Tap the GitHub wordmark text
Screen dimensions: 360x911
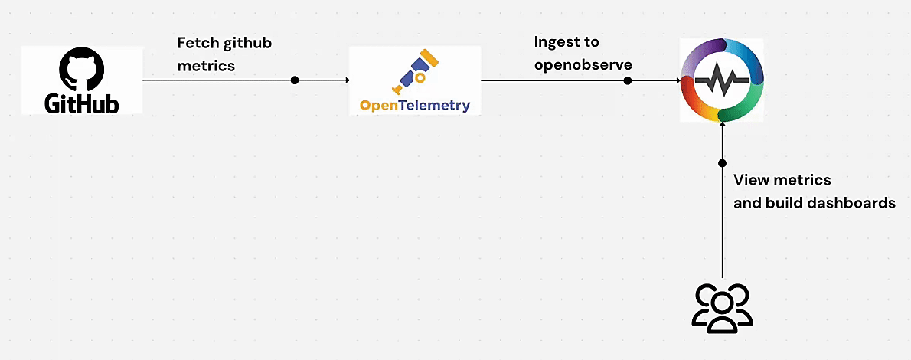(x=81, y=103)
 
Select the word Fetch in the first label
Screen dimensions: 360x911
(x=195, y=44)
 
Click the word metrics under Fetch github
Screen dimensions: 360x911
(x=206, y=66)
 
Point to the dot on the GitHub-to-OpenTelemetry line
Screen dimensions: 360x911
(x=295, y=80)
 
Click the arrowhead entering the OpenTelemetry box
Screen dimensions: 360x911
(x=346, y=80)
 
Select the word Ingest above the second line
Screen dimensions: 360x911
(x=557, y=42)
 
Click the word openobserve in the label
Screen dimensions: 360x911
(x=583, y=64)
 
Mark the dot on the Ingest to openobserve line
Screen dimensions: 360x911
(x=628, y=80)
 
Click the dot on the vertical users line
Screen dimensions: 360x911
(x=722, y=163)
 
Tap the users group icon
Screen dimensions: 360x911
(x=722, y=308)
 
